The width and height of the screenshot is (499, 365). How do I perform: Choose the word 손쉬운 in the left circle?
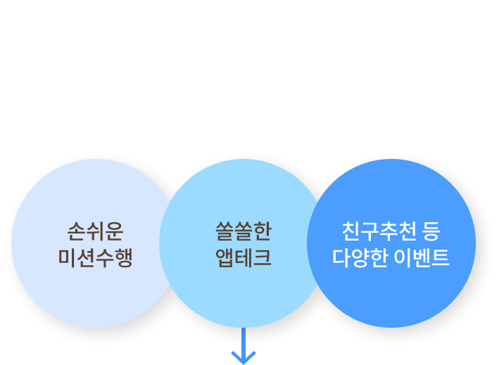[95, 231]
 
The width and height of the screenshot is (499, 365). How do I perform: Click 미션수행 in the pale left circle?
[95, 257]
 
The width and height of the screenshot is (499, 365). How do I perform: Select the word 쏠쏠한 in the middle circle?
[243, 231]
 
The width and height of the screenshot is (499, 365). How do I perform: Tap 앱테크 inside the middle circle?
[243, 257]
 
